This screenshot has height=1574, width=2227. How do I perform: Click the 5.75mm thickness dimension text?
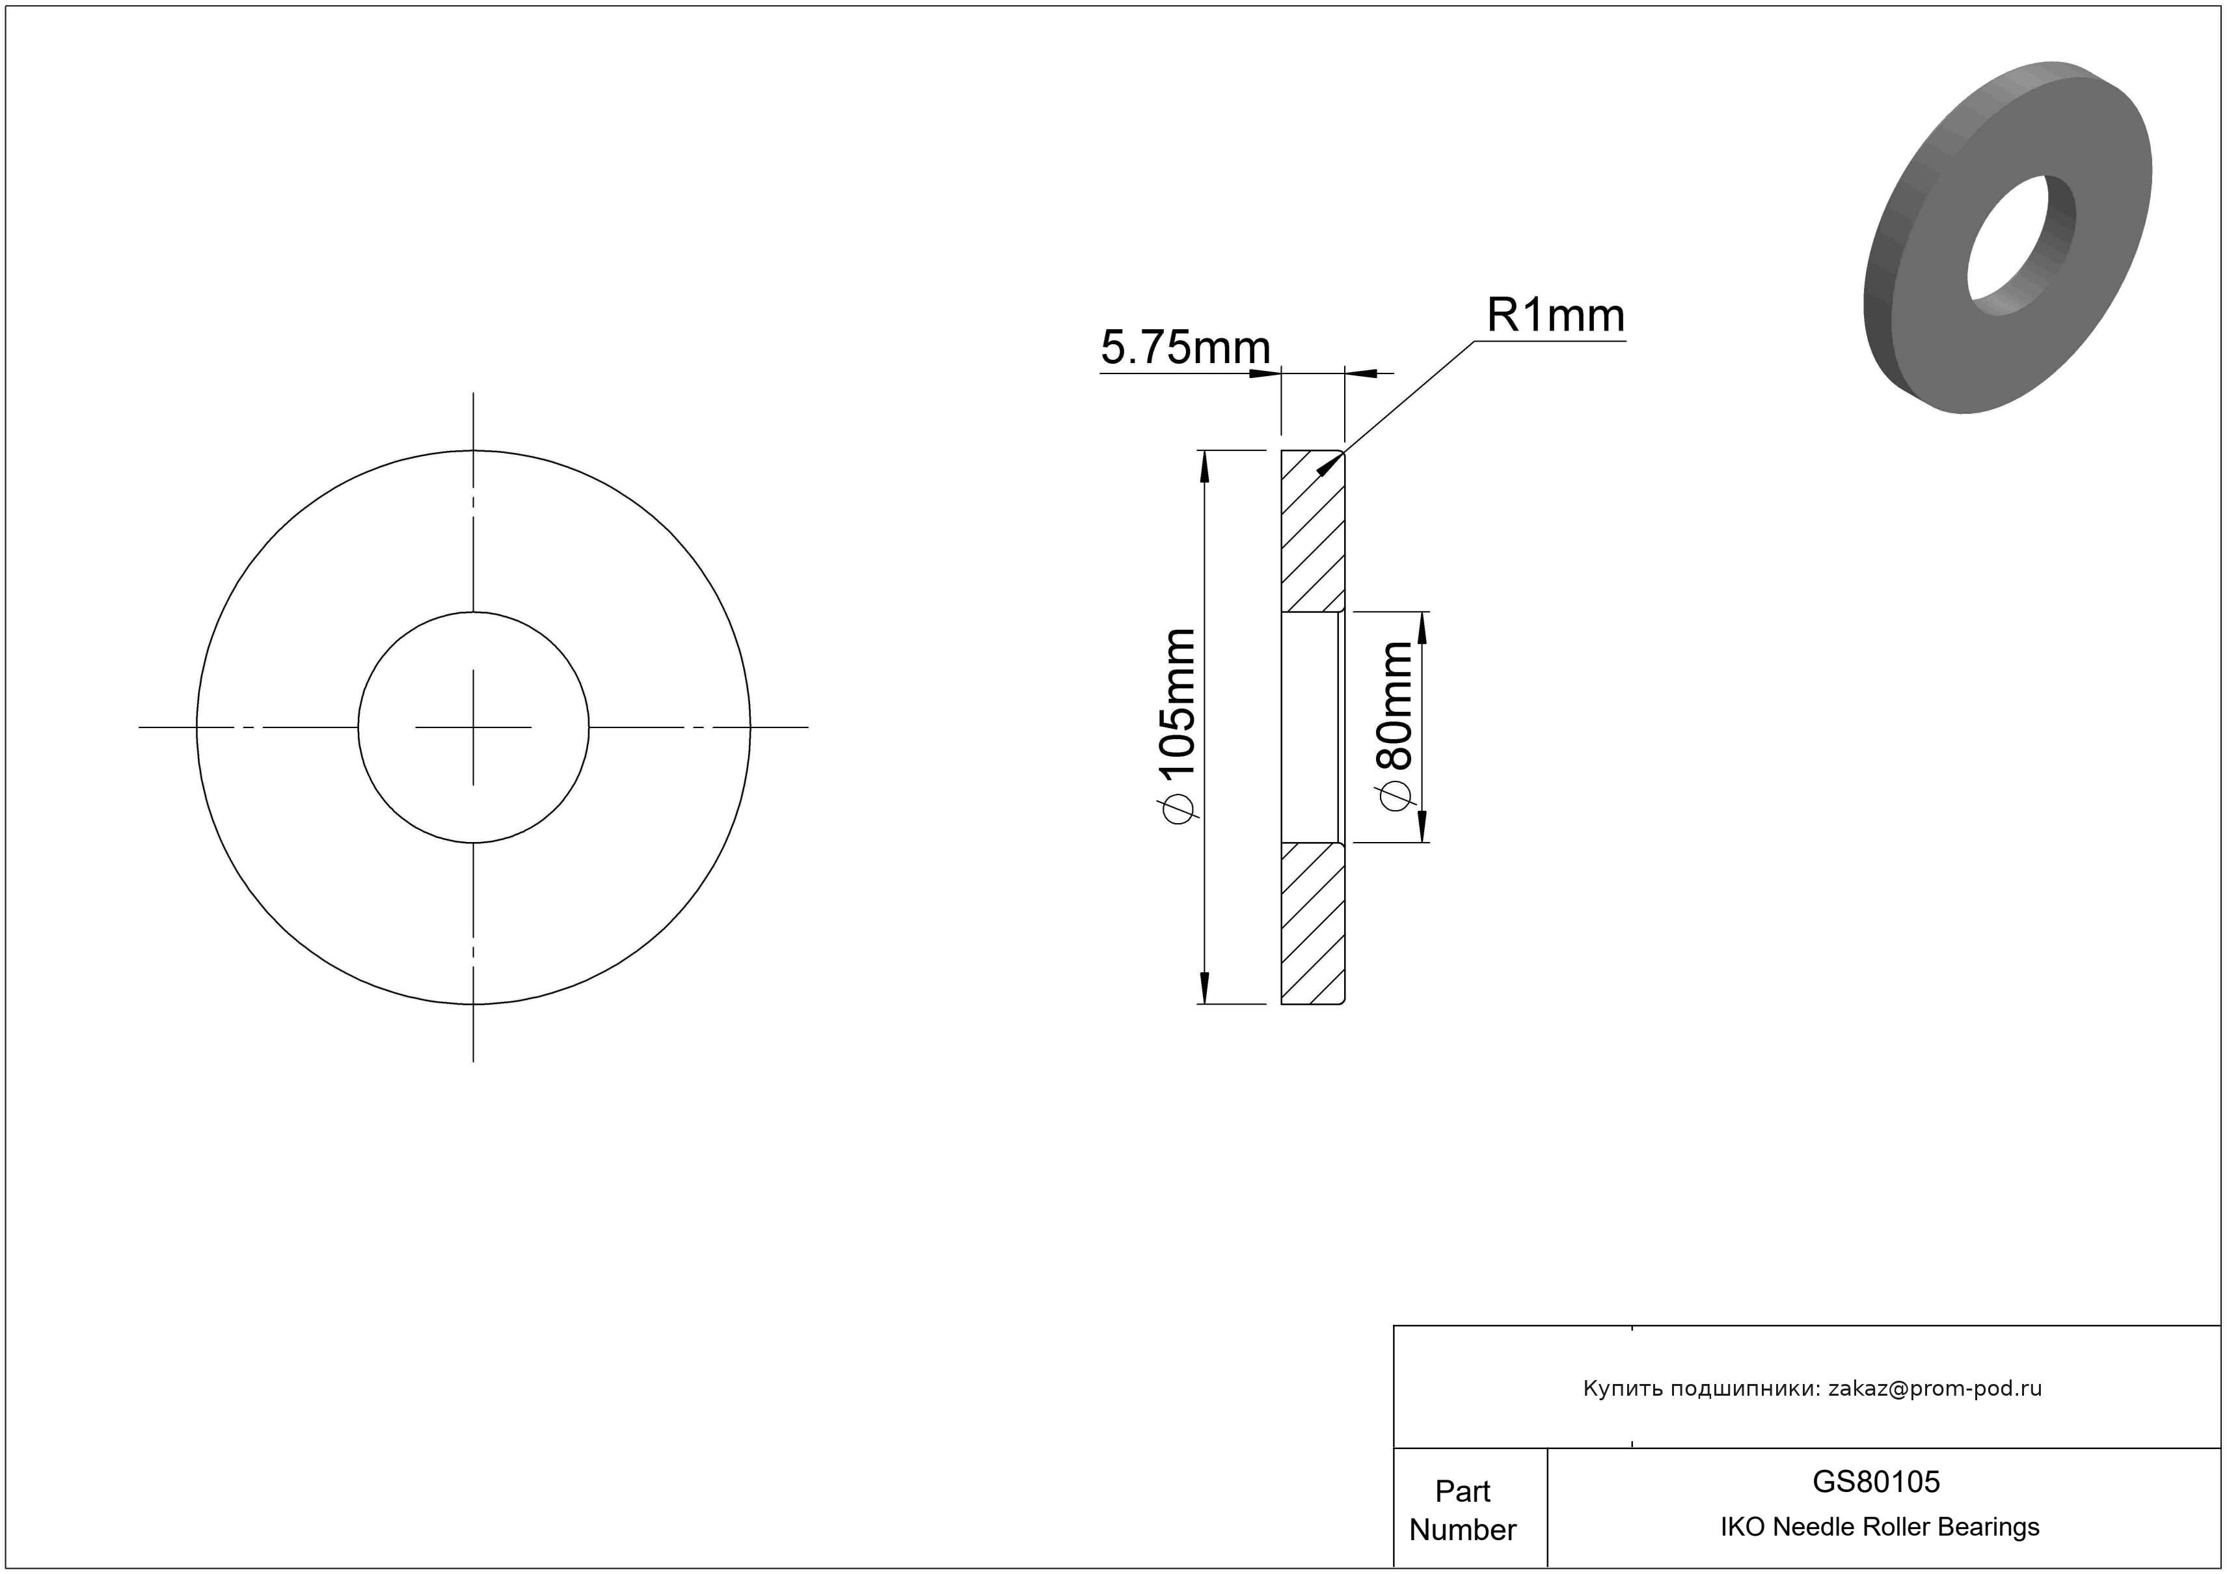(1185, 347)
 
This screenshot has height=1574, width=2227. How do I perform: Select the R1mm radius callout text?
(1556, 315)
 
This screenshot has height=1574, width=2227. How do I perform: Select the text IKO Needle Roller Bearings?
(1880, 1527)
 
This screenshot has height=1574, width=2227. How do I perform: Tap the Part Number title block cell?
(1463, 1510)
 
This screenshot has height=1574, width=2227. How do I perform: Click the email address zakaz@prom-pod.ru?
(1935, 1389)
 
